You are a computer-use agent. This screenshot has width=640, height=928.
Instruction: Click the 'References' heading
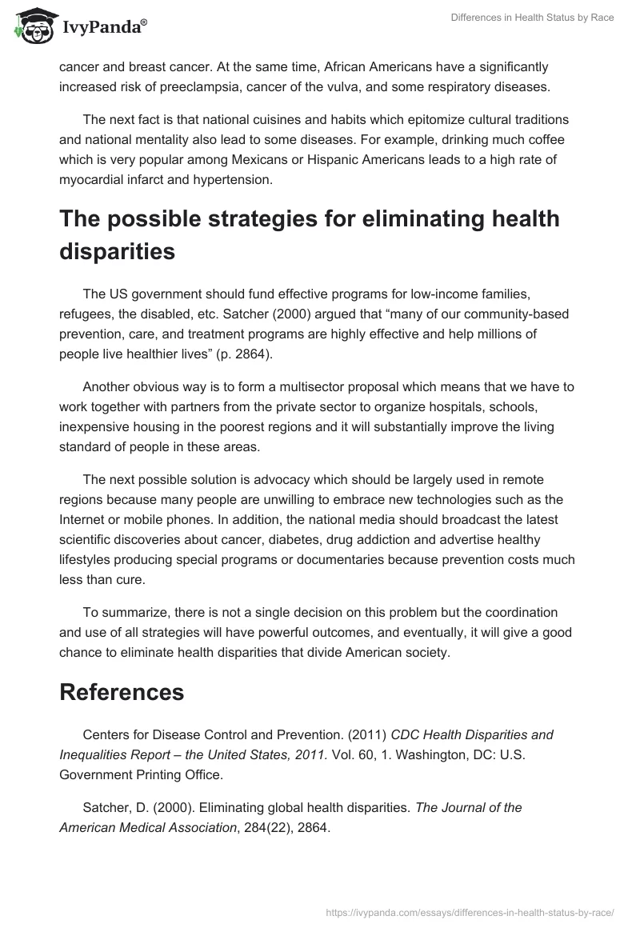pos(122,693)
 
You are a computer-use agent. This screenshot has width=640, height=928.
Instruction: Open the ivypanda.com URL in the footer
pos(470,910)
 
